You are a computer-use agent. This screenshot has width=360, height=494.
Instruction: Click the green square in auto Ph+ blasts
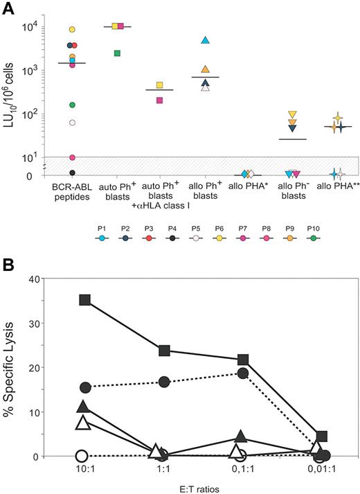pos(118,53)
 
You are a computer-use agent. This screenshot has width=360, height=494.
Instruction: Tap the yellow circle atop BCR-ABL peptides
pos(71,30)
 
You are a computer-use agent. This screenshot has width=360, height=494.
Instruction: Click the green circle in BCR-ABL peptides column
pos(71,105)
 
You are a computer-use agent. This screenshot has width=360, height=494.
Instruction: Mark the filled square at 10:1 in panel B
pos(84,300)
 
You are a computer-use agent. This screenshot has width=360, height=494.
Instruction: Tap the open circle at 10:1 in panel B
pos(81,456)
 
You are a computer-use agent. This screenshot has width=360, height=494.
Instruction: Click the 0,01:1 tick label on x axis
pos(321,468)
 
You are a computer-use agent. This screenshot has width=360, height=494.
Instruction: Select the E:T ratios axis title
pos(201,486)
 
